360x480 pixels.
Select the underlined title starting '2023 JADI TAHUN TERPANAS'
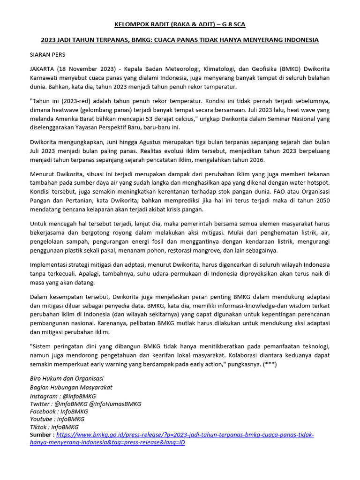[x=180, y=40]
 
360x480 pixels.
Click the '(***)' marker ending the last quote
[x=269, y=364]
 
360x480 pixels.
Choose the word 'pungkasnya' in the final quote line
[x=240, y=364]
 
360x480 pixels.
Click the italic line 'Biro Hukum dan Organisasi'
[x=67, y=378]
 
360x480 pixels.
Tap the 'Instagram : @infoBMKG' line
[x=63, y=396]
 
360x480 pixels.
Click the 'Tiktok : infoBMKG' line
[x=54, y=427]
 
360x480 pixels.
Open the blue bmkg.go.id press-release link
[x=185, y=435]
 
